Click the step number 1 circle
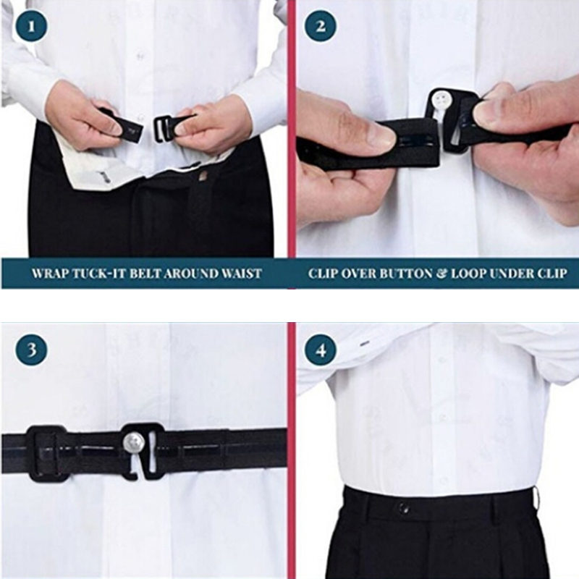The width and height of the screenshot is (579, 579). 31,27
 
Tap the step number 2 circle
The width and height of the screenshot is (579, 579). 321,27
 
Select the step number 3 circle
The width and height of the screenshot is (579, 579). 31,350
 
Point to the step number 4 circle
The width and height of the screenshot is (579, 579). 321,350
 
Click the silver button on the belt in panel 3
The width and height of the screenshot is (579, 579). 132,442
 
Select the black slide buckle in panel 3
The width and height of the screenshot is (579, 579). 46,454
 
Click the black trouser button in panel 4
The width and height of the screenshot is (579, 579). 404,509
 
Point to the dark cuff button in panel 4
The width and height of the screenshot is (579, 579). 365,343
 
